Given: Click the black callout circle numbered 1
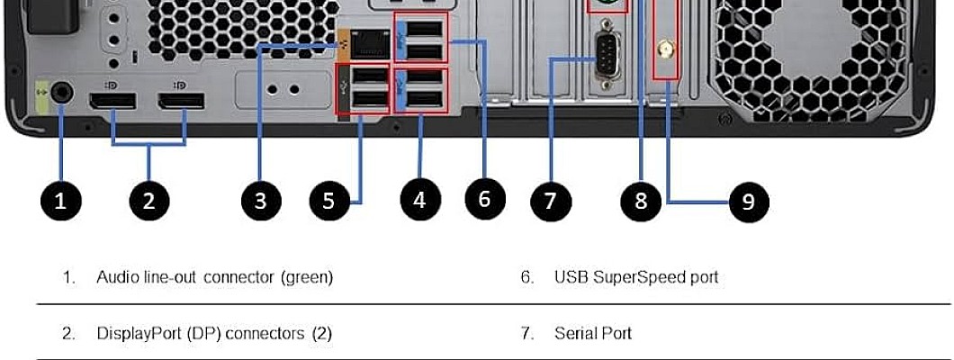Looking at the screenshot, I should click(x=60, y=201).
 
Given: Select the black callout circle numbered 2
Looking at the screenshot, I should click(x=149, y=201).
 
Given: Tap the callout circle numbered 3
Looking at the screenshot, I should click(x=260, y=201).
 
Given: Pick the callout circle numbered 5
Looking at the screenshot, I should click(x=328, y=201).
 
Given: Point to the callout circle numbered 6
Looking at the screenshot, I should click(x=485, y=199).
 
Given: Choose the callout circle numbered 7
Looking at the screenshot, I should click(x=551, y=201).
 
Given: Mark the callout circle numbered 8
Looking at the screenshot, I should click(x=641, y=201).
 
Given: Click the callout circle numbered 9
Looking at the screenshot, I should click(x=748, y=202).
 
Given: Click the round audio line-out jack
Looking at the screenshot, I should click(x=61, y=91).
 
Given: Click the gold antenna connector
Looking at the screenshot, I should click(x=666, y=49).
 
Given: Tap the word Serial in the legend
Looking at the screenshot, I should click(x=572, y=334).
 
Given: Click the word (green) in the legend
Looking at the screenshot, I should click(x=307, y=277).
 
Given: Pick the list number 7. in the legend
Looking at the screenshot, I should click(x=526, y=334).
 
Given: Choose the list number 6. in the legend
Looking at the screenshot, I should click(x=526, y=277).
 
